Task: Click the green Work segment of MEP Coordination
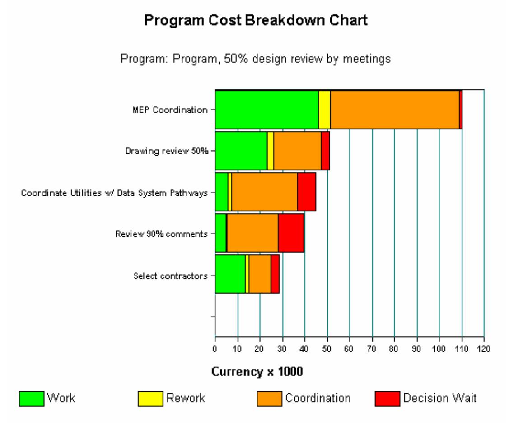click(x=266, y=110)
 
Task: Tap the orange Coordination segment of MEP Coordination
click(x=394, y=110)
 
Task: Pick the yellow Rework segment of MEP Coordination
click(x=324, y=110)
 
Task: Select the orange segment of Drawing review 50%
click(x=297, y=151)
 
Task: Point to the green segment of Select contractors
click(x=230, y=274)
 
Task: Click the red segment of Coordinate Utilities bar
click(x=306, y=192)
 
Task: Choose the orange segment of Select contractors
click(x=260, y=274)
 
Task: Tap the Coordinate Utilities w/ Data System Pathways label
click(x=115, y=193)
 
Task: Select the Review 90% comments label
click(x=161, y=234)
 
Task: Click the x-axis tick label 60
click(x=349, y=349)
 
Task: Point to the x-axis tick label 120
click(x=484, y=349)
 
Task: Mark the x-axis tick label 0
click(x=215, y=349)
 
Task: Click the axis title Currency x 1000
click(x=257, y=372)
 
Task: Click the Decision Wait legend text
click(x=440, y=398)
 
